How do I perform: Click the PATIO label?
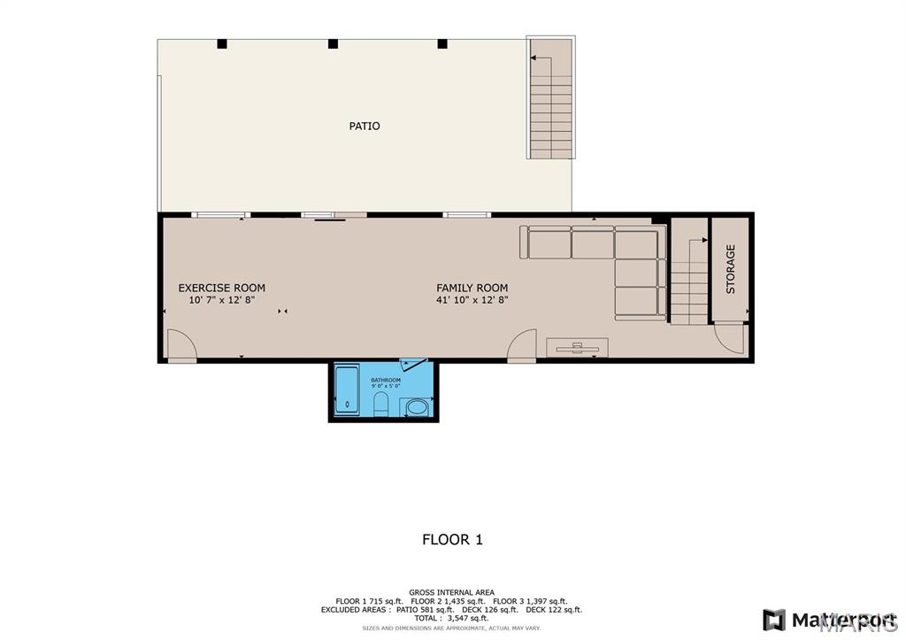[364, 126]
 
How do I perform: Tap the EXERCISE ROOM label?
[221, 288]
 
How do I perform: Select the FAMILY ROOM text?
[472, 288]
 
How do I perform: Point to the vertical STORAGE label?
[731, 270]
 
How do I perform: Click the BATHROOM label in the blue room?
[386, 381]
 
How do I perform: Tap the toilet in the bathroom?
[381, 405]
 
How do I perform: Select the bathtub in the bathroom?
[347, 390]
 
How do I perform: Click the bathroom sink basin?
[416, 408]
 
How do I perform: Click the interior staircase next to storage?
[688, 279]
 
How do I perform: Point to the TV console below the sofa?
[577, 347]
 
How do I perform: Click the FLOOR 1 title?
[452, 539]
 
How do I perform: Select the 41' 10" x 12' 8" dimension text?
[472, 300]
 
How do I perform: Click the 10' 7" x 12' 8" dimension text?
[221, 300]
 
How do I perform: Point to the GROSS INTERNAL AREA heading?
[451, 592]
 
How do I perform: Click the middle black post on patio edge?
[333, 43]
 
